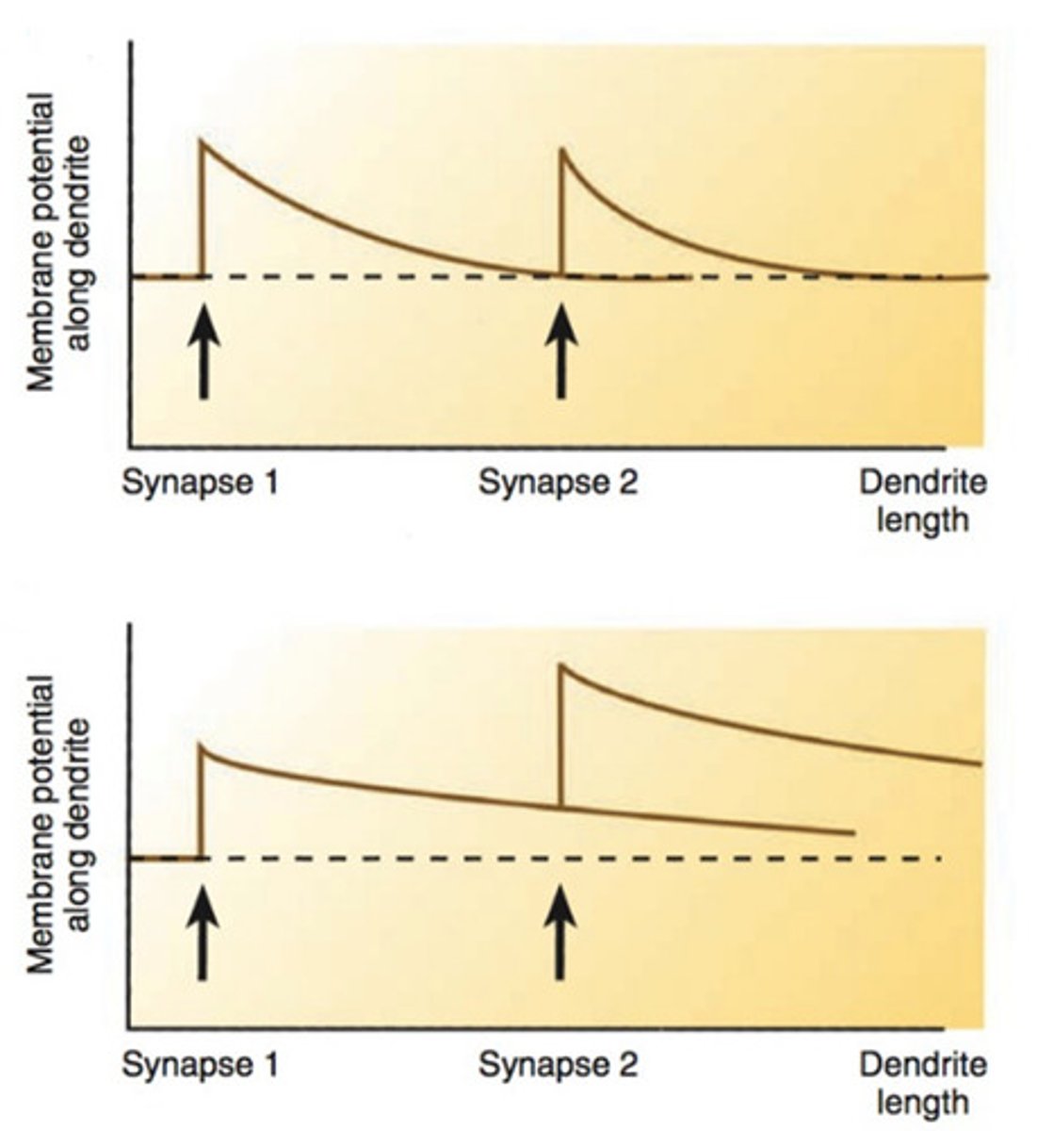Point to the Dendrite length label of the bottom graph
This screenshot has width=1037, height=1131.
pos(922,1083)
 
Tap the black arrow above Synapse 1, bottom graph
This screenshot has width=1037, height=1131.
pos(203,936)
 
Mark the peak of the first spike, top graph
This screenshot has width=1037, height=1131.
pos(202,141)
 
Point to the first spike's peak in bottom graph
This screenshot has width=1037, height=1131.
pos(202,745)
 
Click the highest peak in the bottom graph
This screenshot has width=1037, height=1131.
pos(561,665)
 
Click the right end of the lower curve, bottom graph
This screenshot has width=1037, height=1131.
pos(852,833)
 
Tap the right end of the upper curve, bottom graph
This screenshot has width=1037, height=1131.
pos(980,763)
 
